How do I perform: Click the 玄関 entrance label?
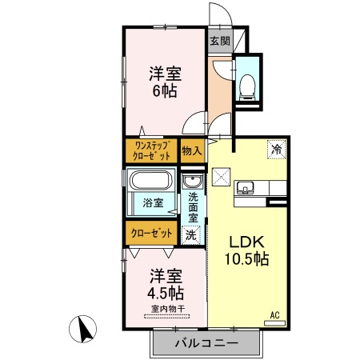tap(219, 41)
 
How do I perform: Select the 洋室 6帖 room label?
tap(165, 82)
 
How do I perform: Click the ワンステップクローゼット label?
tap(152, 150)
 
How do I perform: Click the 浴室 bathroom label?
tap(153, 202)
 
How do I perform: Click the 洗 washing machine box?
tap(190, 234)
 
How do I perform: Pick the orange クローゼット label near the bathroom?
tap(151, 233)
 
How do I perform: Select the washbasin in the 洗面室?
tap(190, 181)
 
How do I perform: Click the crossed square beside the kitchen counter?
tap(221, 176)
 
